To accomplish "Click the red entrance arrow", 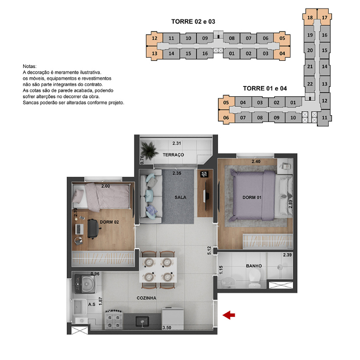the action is point(229,315).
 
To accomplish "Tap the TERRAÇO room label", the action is point(173,155).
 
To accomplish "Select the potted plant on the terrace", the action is point(149,150).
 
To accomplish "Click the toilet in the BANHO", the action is point(254,278).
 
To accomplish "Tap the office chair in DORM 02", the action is point(94,229).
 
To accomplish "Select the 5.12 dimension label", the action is point(209,250).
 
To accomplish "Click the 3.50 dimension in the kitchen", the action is point(167,327).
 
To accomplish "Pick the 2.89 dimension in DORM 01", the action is point(290,204).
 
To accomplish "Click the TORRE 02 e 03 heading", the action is point(193,22).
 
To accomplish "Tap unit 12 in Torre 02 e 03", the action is point(154,38).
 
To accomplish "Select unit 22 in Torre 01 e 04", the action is point(310,84).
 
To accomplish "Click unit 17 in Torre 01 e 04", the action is point(324,18).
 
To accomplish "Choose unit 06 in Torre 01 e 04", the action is point(226,118).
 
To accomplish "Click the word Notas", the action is point(30,66).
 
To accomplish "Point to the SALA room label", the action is point(180,197).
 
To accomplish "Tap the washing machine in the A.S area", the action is point(85,284).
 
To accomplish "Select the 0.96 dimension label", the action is point(95,274).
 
